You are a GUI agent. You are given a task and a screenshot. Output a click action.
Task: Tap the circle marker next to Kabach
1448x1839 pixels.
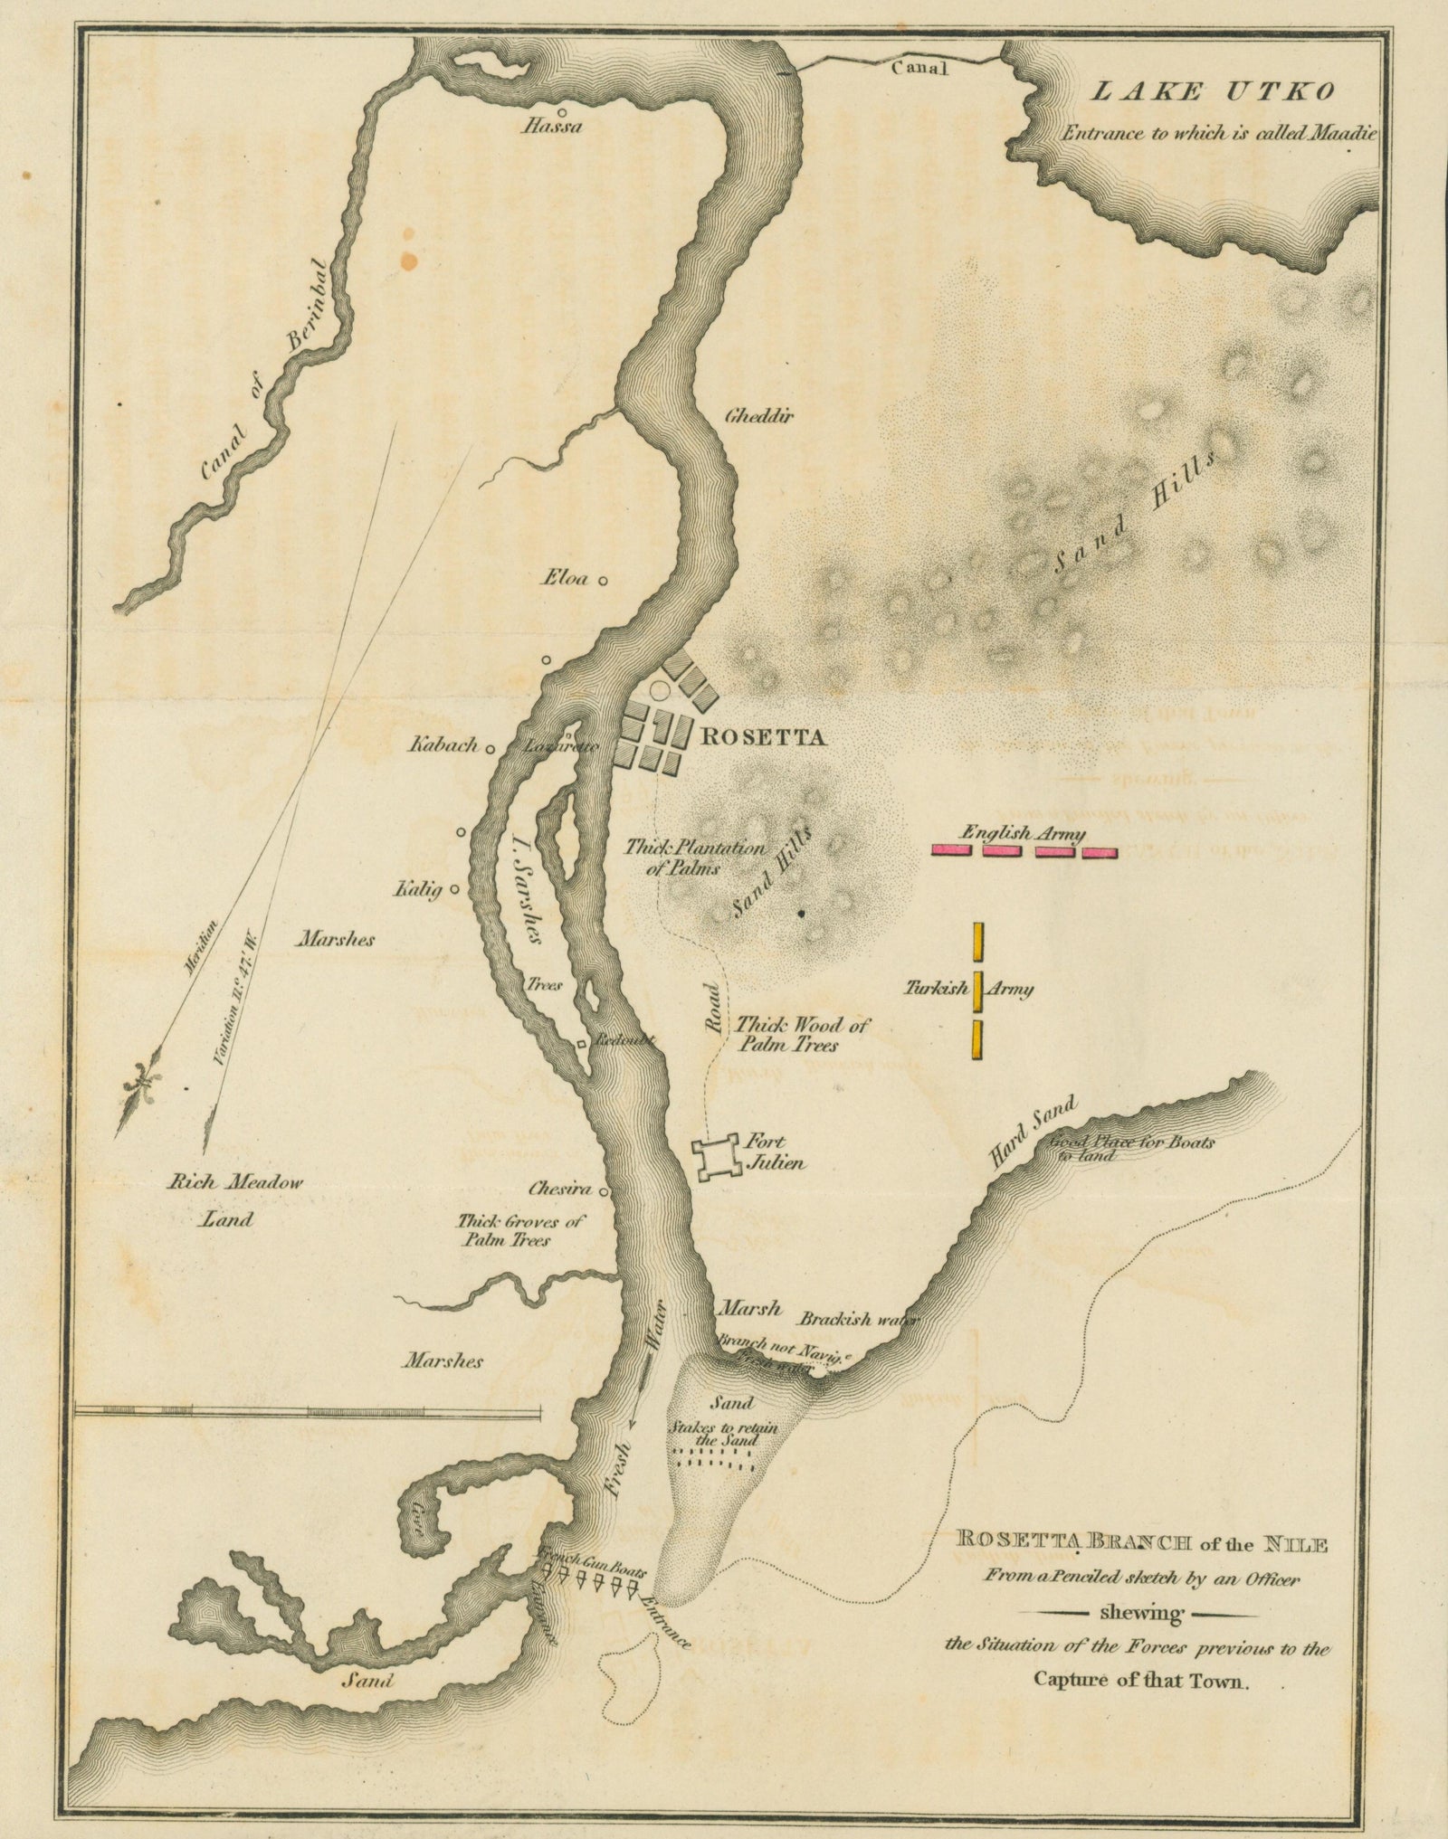click(x=491, y=749)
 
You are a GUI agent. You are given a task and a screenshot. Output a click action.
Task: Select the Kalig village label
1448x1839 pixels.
click(x=416, y=891)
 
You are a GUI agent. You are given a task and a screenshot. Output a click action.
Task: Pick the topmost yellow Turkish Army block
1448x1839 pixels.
click(x=978, y=942)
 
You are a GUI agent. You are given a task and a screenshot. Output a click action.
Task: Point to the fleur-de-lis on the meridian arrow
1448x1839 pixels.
click(x=143, y=1079)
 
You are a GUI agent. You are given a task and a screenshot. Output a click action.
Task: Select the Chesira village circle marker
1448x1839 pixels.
click(x=603, y=1191)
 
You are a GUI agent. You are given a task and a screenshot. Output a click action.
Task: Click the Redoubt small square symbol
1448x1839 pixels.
click(x=583, y=1045)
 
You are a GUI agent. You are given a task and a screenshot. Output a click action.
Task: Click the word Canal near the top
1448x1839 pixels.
click(x=919, y=68)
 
